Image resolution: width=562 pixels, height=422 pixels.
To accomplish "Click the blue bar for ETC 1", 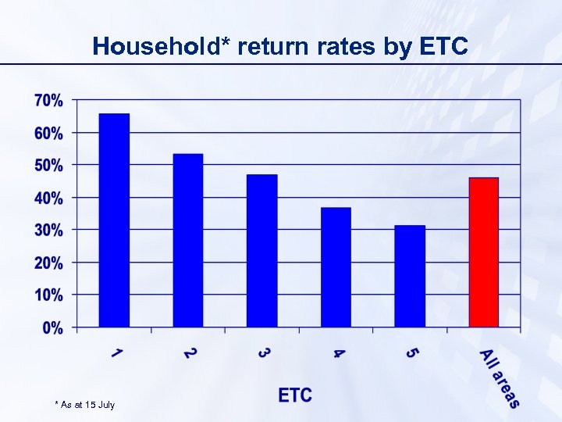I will pos(114,220).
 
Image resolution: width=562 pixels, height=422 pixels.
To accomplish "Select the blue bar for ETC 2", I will pos(188,241).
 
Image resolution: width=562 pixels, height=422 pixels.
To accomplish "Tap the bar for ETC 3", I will pos(262,251).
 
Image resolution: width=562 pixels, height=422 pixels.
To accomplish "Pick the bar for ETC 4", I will pos(336,267).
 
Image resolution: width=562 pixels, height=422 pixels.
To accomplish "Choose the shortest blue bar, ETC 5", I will pos(410,276).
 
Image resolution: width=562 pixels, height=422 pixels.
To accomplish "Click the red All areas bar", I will pos(483,252).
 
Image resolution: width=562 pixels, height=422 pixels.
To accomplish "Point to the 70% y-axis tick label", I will pos(48,101).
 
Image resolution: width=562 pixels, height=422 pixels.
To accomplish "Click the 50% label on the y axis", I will pos(48,166).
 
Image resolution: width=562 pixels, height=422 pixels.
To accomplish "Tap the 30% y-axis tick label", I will pos(48,231).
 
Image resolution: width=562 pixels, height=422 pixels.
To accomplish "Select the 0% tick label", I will pos(52,327).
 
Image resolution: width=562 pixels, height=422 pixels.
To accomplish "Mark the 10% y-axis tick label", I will pos(48,295).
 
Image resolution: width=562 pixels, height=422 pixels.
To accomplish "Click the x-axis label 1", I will pos(116,355).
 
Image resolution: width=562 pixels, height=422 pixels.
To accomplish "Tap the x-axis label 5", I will pos(411,354).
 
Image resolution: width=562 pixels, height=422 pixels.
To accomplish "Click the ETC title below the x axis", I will pos(295,395).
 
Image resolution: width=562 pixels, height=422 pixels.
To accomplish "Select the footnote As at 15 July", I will pos(85,405).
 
